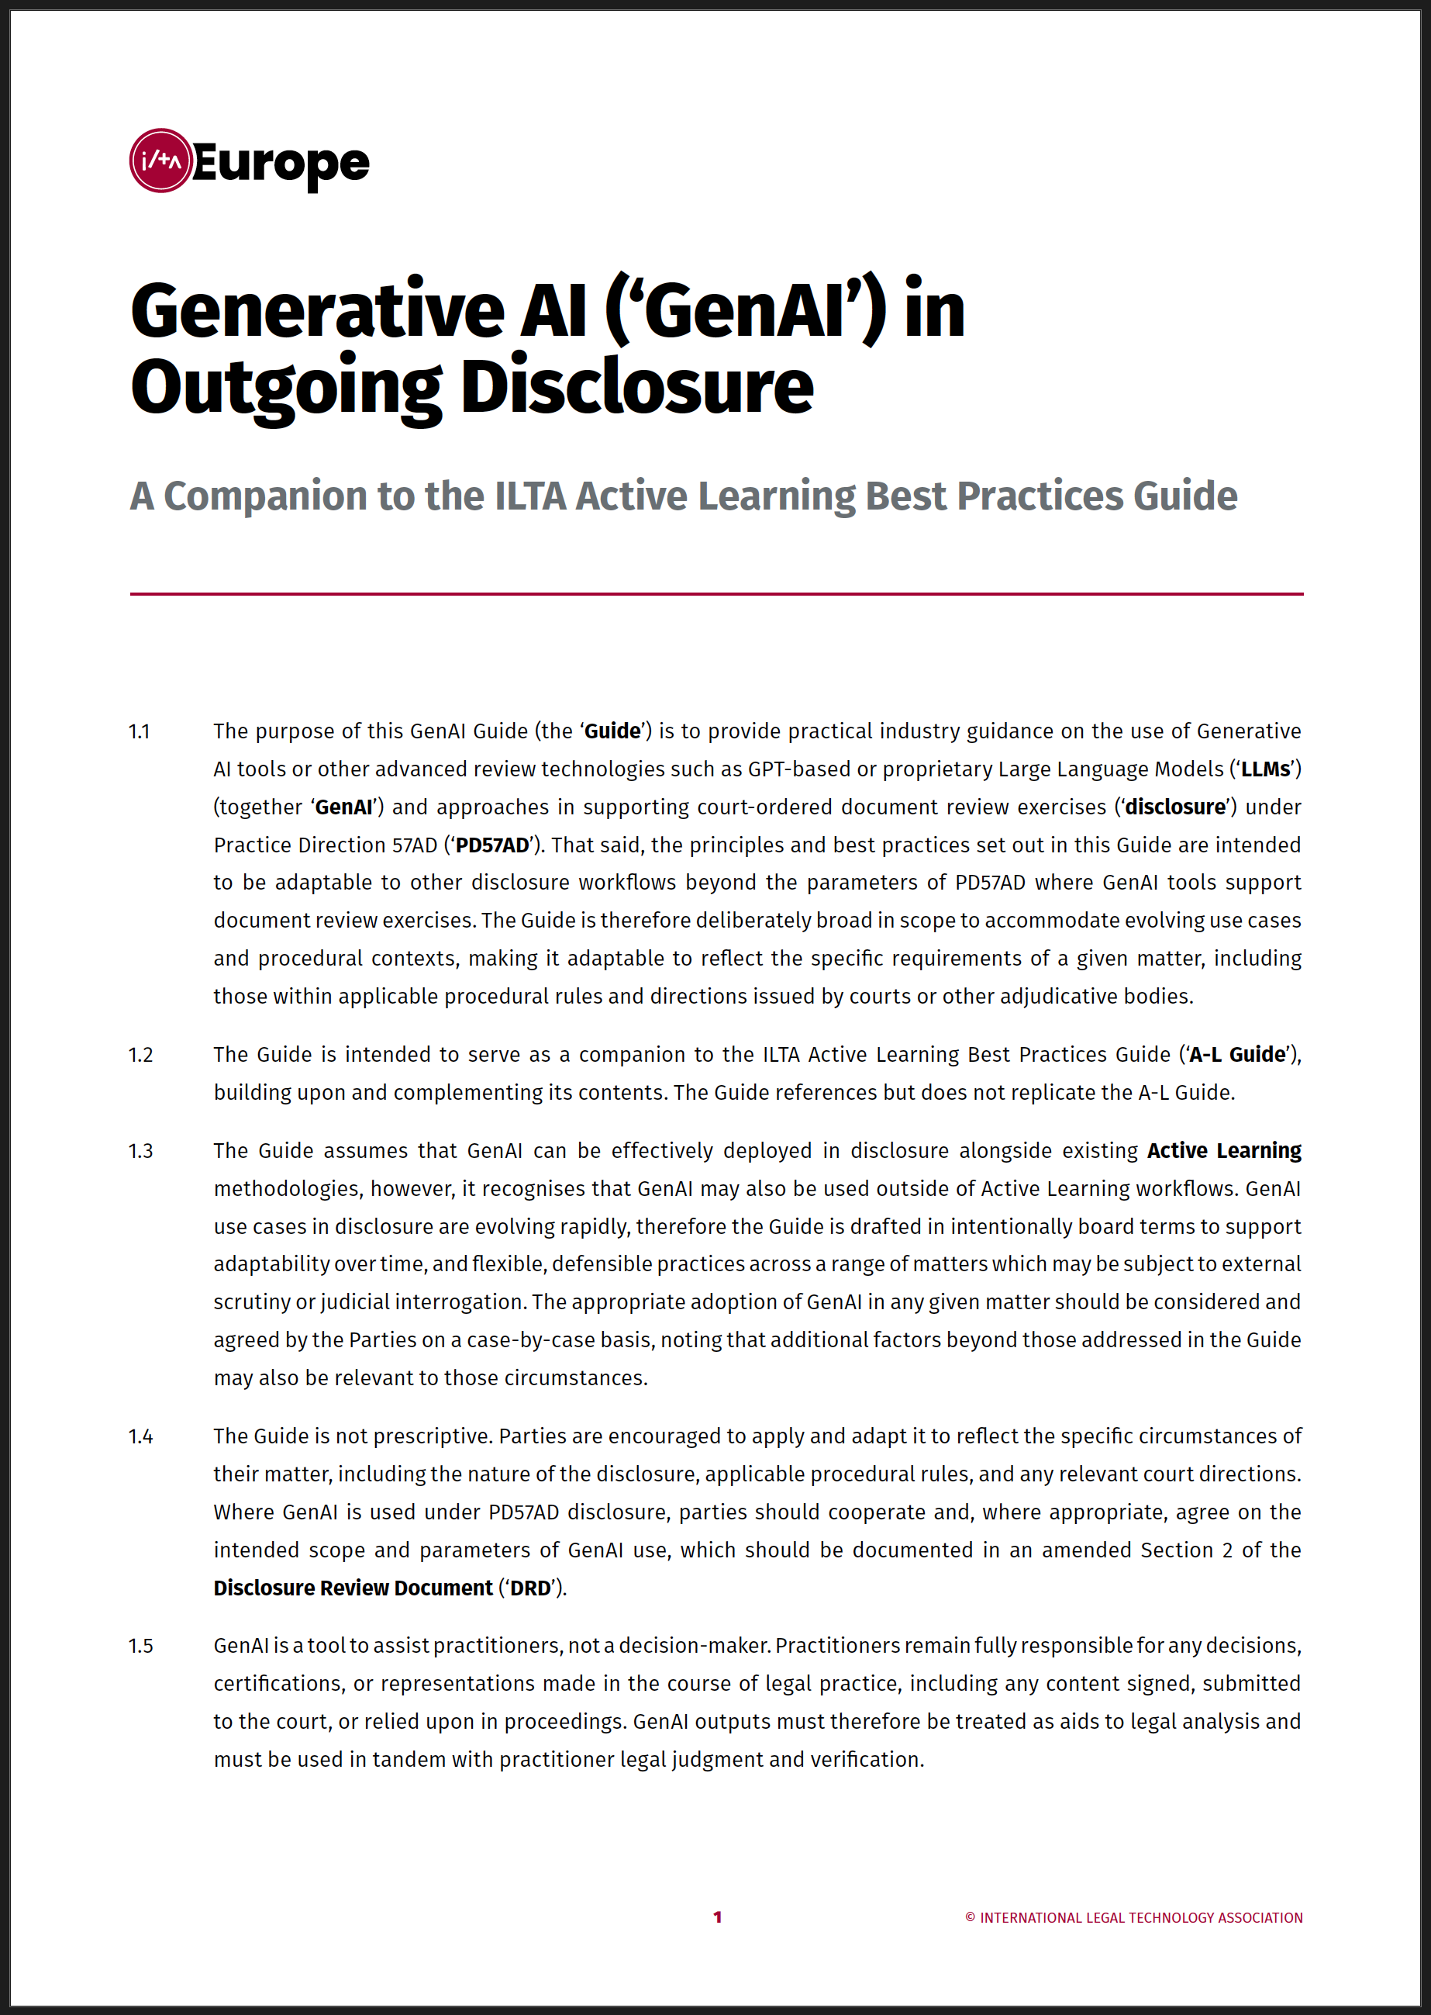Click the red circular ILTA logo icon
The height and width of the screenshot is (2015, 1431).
point(160,161)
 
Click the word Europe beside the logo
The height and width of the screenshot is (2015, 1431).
point(280,163)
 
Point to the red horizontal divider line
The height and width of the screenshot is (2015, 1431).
point(715,594)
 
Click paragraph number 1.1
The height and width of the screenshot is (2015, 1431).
point(140,731)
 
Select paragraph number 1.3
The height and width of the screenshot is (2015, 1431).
point(141,1151)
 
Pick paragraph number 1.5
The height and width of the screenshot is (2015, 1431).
point(141,1646)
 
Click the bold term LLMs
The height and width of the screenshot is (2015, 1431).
point(1265,769)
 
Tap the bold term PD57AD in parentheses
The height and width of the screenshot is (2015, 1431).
point(491,845)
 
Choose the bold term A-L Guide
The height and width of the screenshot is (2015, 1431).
point(1237,1054)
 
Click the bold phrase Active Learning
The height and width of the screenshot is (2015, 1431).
point(1224,1151)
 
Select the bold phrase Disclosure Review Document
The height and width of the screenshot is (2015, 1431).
point(353,1588)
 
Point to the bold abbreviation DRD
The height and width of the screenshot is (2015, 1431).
point(530,1588)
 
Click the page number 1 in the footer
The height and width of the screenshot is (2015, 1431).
point(717,1917)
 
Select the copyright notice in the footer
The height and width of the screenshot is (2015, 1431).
point(1133,1918)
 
